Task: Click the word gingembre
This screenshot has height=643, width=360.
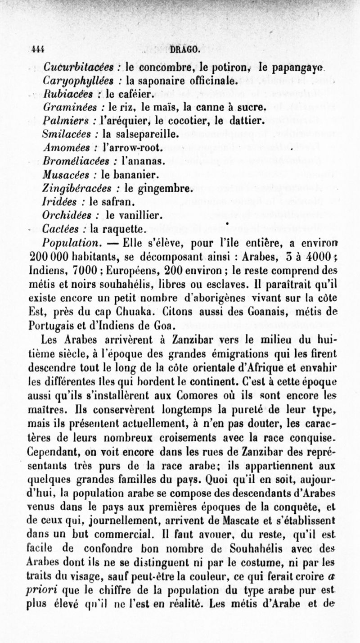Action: (155, 189)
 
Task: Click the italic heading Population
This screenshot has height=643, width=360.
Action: (72, 244)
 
